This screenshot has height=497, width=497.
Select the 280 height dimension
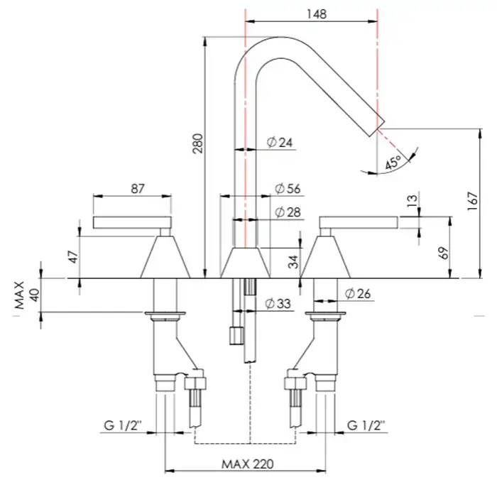(x=198, y=144)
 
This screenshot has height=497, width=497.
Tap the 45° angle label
(x=393, y=162)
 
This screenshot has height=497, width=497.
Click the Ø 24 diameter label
(x=280, y=143)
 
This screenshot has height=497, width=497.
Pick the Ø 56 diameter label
(x=288, y=189)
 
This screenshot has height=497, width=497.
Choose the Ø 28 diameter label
(x=288, y=212)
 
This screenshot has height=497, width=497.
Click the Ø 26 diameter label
(x=359, y=293)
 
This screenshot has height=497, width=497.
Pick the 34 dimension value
(x=293, y=262)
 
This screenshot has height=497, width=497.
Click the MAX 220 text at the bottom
(x=247, y=464)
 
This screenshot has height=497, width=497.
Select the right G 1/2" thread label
(x=366, y=426)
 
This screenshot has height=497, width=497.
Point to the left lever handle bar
(x=133, y=222)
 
